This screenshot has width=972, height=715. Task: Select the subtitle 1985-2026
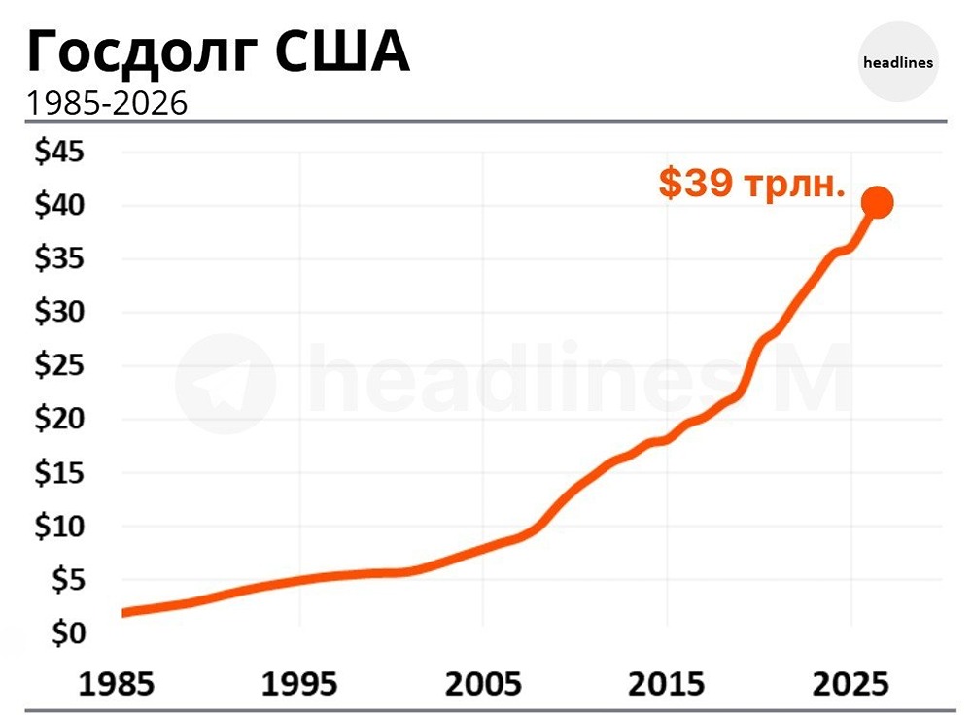click(106, 103)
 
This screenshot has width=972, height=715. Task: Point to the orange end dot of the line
click(877, 202)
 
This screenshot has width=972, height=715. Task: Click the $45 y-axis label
click(60, 153)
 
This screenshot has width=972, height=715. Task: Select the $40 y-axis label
click(60, 206)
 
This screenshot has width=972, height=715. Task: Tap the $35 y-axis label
click(60, 259)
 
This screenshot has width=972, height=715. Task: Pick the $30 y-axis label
click(60, 313)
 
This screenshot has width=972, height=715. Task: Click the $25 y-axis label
click(60, 366)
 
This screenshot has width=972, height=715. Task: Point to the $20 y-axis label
click(60, 420)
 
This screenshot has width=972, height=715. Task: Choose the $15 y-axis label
click(60, 473)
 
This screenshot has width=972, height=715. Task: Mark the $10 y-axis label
click(60, 527)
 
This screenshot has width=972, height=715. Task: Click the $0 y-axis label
click(66, 633)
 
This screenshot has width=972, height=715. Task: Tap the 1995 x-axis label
click(300, 682)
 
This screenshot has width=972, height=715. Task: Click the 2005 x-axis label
click(483, 682)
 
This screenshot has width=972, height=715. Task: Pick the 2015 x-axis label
click(667, 682)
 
